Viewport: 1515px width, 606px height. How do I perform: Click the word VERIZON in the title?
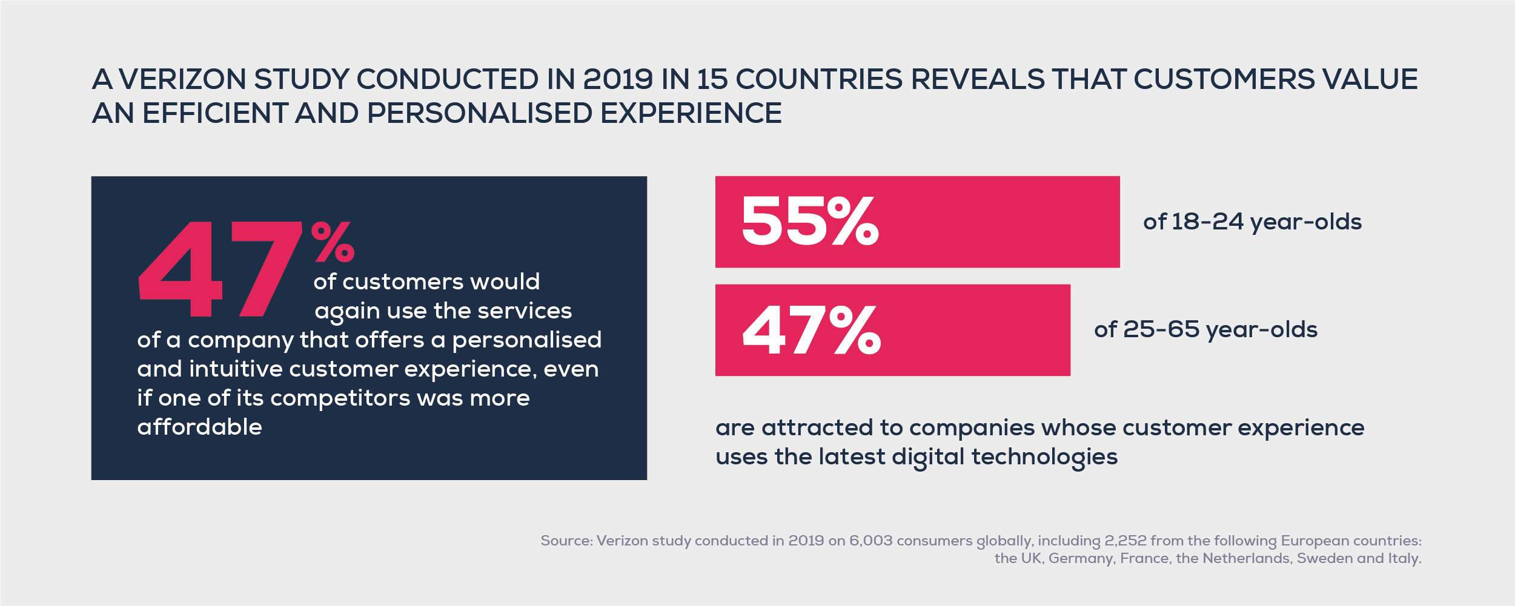click(182, 79)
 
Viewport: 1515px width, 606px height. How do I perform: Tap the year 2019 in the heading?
click(617, 79)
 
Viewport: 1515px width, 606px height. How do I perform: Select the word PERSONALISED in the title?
click(479, 113)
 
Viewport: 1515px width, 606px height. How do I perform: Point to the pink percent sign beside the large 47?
click(333, 242)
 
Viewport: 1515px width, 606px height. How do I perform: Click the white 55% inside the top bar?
click(809, 222)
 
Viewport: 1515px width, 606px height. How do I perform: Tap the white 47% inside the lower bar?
click(811, 330)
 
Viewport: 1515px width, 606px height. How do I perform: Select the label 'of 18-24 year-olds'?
click(1252, 222)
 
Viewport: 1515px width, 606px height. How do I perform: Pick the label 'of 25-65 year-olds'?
click(1205, 330)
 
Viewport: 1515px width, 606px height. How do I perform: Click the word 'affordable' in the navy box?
click(200, 427)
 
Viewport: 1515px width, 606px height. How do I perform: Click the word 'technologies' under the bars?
click(1044, 456)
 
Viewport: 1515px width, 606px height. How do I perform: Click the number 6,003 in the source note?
click(870, 541)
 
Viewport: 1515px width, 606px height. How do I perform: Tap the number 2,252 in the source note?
click(1125, 541)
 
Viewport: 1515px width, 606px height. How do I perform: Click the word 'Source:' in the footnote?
click(566, 541)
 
